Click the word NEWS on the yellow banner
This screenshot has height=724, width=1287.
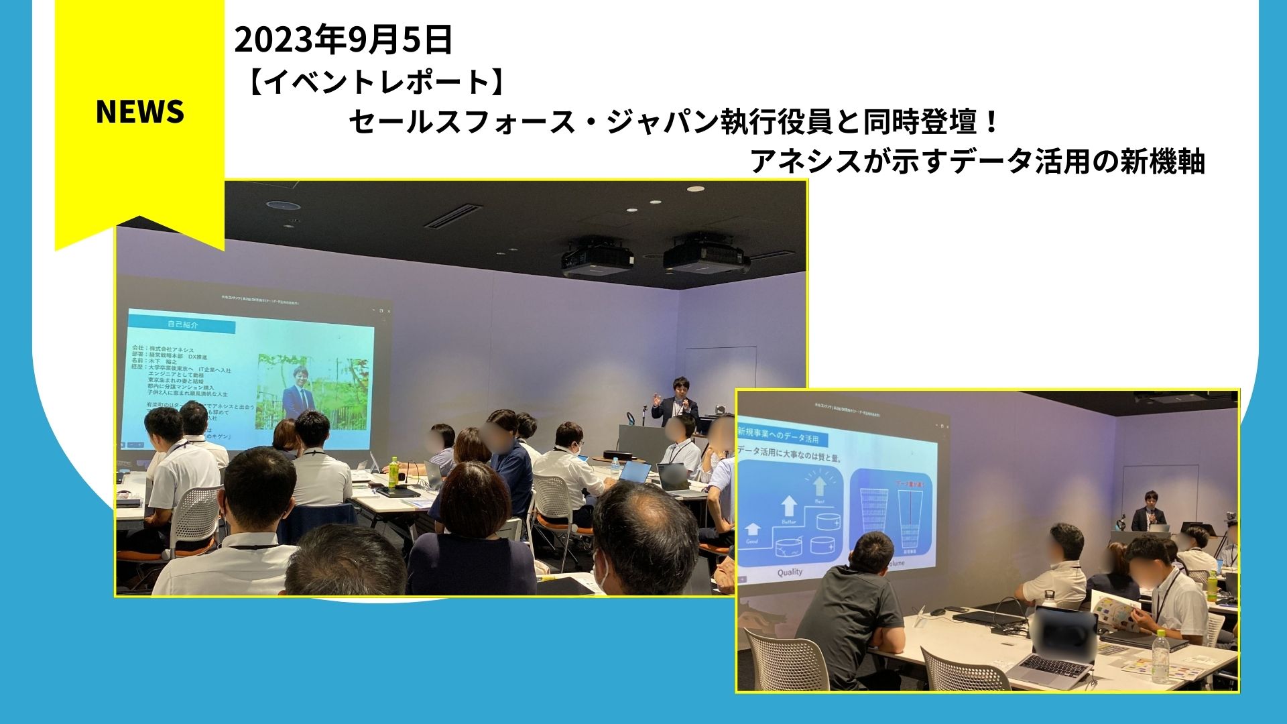click(139, 111)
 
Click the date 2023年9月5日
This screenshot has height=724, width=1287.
click(343, 40)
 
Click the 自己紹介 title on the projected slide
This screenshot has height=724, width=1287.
click(182, 325)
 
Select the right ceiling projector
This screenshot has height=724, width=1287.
click(704, 254)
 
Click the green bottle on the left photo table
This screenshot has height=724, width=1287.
click(394, 472)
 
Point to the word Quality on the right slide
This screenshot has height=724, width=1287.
click(790, 572)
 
